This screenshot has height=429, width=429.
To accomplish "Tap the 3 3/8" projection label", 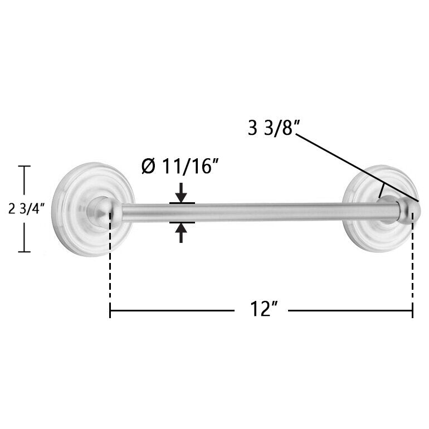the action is coord(272,128).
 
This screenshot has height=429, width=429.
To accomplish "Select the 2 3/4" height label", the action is coord(26,209).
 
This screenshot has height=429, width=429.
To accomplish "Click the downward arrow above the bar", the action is coord(181,193).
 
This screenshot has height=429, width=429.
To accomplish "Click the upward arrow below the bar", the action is coord(181,232).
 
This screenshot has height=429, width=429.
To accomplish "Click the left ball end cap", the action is coord(105,212).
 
